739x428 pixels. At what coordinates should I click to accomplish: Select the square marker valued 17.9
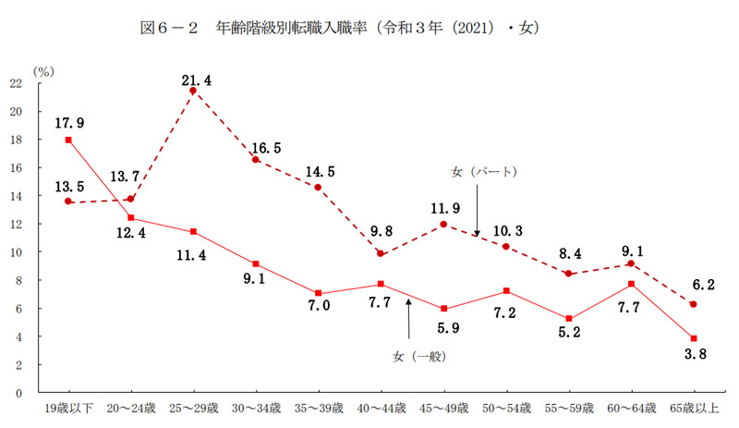68,140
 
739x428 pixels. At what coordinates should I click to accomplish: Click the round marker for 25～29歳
193,91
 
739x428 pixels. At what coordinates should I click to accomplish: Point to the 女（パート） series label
483,172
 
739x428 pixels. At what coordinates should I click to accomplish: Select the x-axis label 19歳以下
68,407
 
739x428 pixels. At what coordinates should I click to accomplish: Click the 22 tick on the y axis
17,83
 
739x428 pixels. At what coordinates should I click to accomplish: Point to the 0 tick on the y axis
20,393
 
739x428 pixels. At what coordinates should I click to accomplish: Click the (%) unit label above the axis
43,69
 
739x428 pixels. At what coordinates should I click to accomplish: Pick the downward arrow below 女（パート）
477,208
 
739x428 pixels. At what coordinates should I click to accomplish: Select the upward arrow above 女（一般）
407,319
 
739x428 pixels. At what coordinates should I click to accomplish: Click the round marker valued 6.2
693,304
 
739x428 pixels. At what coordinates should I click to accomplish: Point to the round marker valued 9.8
380,253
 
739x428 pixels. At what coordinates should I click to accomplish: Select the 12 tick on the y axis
17,224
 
